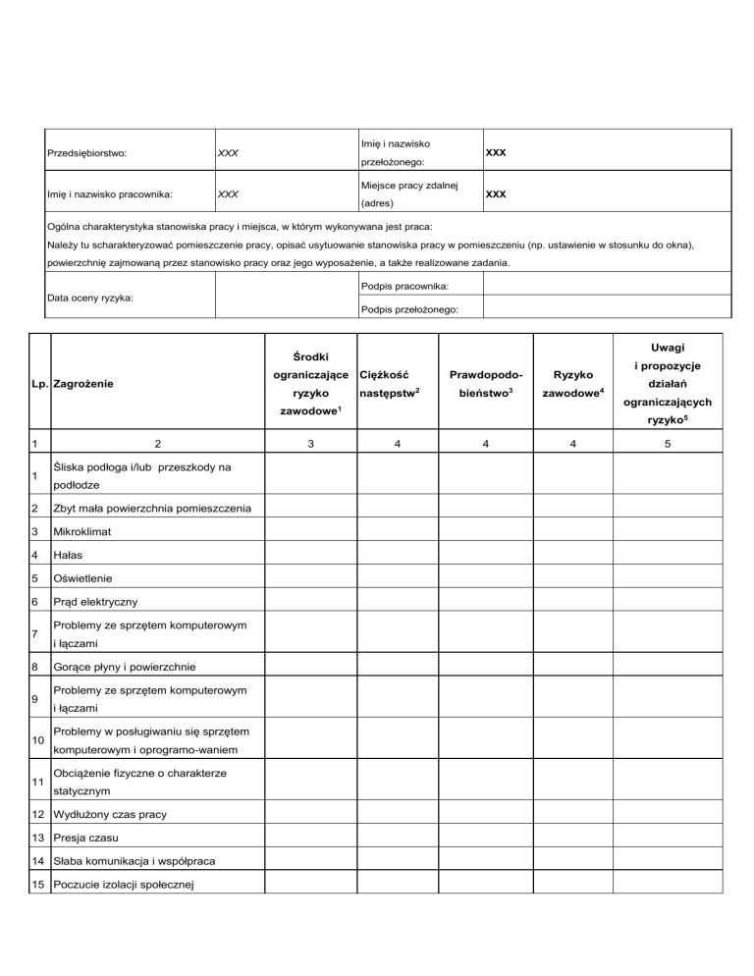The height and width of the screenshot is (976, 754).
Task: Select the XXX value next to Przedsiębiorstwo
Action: (228, 153)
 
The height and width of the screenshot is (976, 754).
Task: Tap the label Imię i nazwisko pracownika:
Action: (110, 193)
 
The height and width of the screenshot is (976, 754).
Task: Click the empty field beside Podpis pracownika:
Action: (607, 285)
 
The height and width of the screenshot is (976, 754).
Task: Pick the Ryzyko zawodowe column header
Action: (578, 384)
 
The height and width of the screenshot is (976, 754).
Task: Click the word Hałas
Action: (68, 556)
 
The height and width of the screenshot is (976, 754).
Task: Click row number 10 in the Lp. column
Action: (37, 739)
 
